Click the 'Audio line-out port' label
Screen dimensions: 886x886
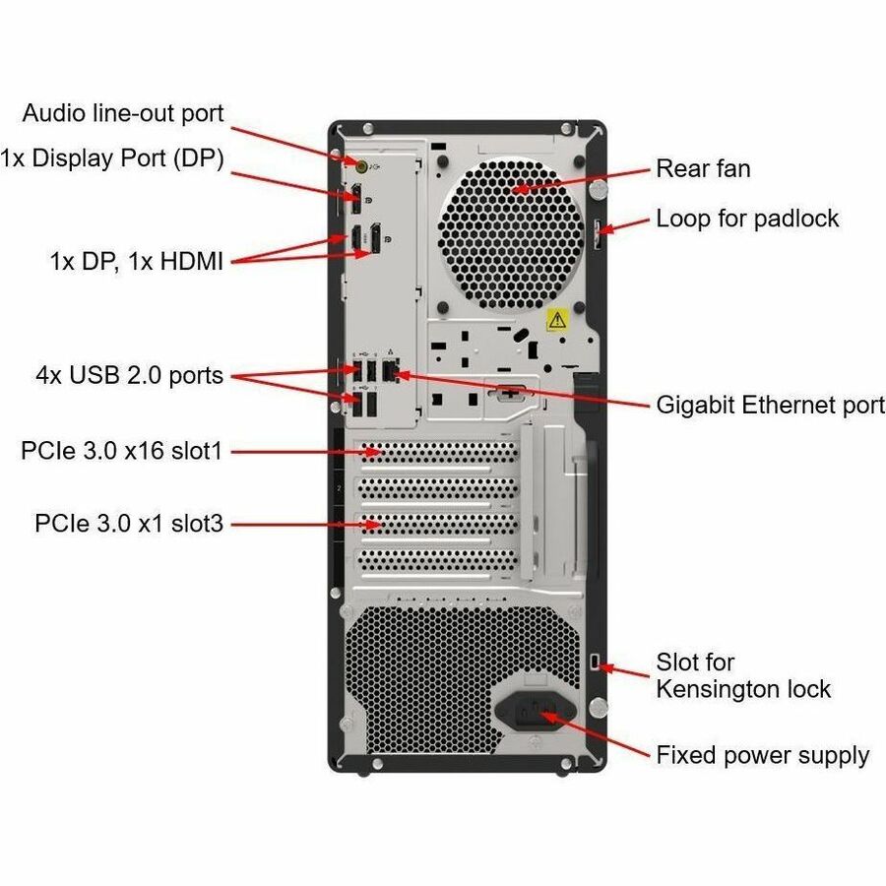pos(123,113)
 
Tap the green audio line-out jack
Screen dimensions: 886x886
pos(361,165)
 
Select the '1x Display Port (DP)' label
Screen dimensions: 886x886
pos(112,158)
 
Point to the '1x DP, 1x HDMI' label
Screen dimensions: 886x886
pos(137,262)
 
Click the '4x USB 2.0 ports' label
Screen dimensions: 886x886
pos(129,375)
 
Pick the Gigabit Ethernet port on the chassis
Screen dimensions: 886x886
pos(391,371)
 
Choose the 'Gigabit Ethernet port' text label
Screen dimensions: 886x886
pos(771,406)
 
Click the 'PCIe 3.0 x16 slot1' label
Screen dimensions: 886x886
pos(122,451)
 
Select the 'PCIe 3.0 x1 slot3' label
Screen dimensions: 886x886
pos(129,524)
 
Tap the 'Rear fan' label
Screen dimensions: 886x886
pos(703,169)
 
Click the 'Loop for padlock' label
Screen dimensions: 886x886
pos(747,219)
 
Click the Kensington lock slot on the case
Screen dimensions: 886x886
pos(594,662)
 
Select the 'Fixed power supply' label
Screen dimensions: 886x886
pos(762,755)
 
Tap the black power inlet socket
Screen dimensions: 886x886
pos(535,710)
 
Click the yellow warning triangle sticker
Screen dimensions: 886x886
pos(556,320)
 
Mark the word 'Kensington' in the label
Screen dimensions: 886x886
pos(743,690)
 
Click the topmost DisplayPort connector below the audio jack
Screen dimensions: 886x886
pos(356,199)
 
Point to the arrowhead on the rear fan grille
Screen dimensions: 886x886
pos(521,188)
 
